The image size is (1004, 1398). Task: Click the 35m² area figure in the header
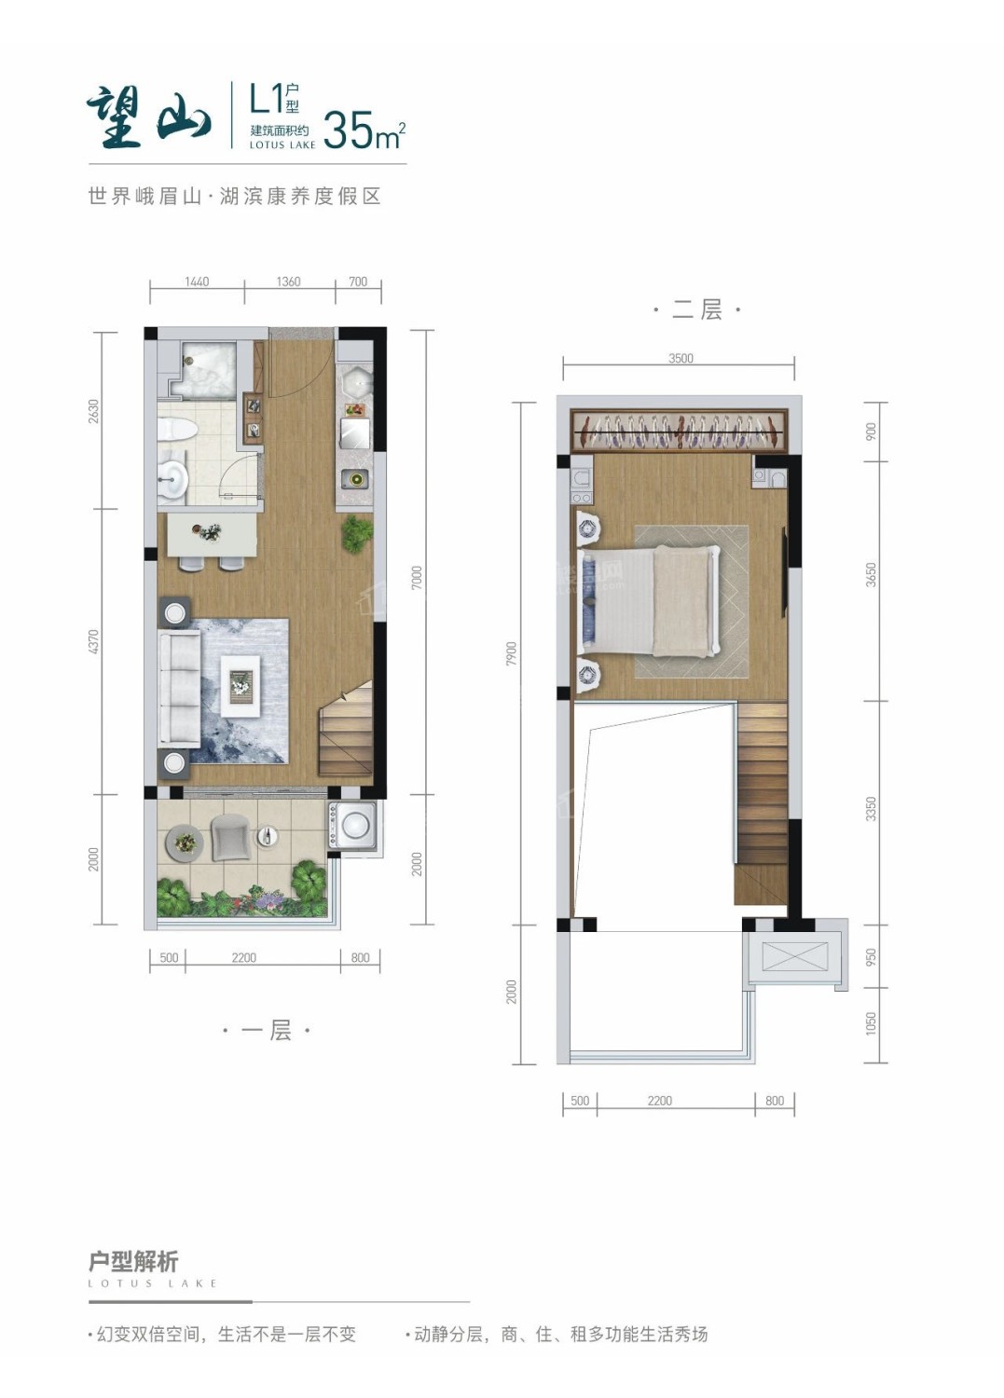(364, 130)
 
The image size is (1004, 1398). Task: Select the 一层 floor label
(267, 1030)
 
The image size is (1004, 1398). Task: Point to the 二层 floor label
(696, 309)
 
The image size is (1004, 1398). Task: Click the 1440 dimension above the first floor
(197, 281)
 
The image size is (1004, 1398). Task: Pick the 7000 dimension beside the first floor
(417, 578)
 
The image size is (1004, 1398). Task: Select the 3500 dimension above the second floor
(681, 358)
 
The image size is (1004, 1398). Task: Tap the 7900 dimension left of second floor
(512, 653)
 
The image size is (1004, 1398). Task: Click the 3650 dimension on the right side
(871, 575)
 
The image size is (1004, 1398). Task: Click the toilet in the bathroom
(177, 430)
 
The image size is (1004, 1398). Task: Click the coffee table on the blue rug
(240, 685)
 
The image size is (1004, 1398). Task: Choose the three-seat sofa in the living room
(180, 688)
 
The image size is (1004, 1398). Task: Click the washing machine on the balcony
(352, 826)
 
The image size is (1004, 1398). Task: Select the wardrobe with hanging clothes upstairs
(679, 430)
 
